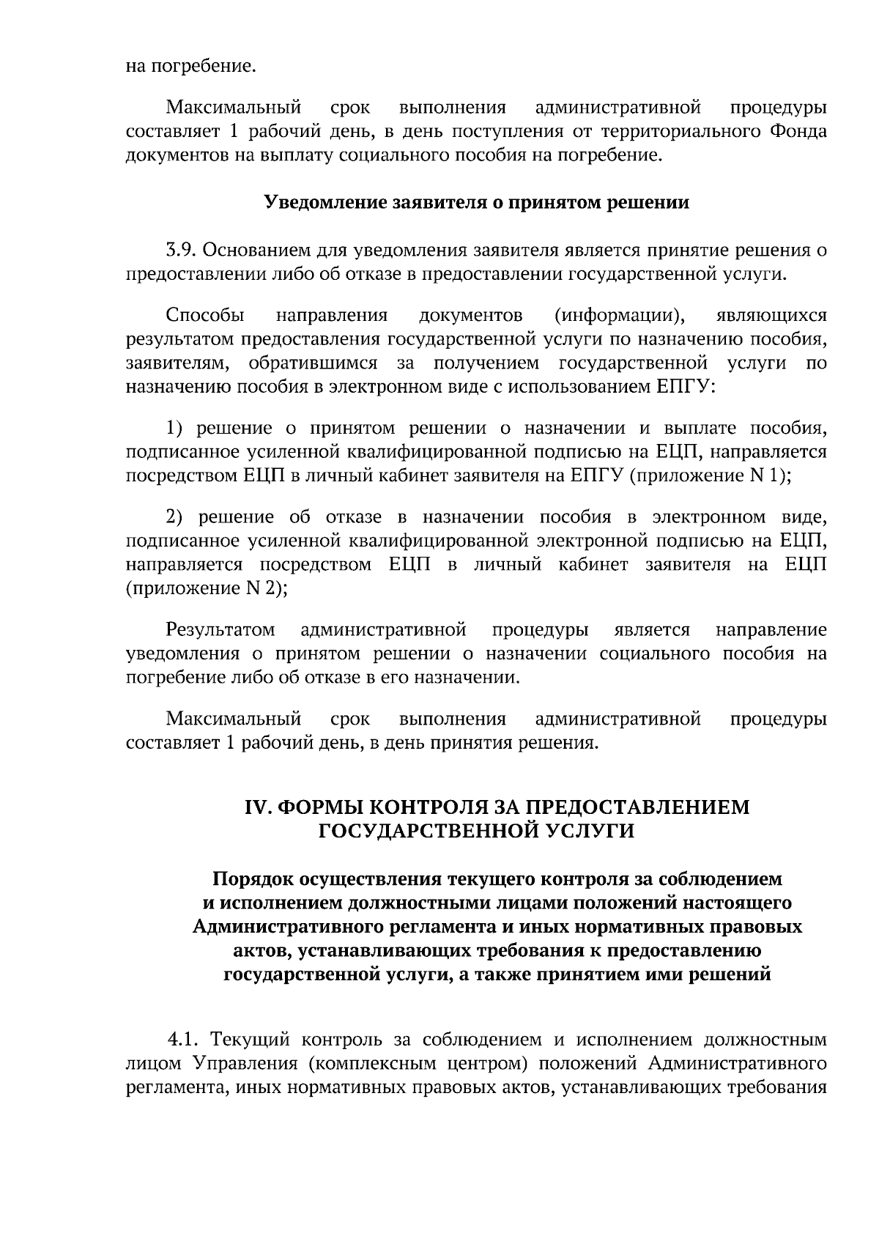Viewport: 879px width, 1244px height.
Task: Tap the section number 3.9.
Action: point(180,251)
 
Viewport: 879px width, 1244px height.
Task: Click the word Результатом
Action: point(220,630)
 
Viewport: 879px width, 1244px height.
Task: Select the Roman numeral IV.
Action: point(257,807)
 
